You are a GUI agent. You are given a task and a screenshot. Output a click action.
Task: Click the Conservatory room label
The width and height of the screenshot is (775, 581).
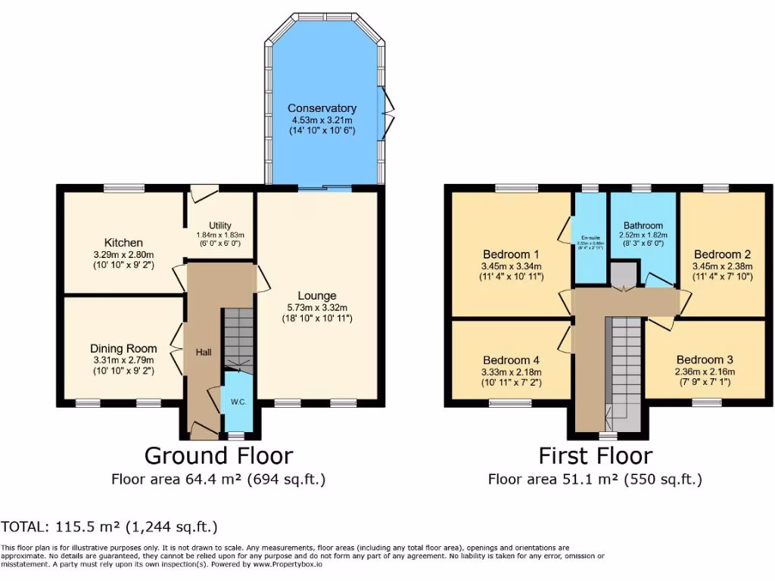pyautogui.click(x=322, y=108)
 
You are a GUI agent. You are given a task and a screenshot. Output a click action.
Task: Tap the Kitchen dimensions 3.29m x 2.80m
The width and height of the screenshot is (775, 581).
pyautogui.click(x=123, y=255)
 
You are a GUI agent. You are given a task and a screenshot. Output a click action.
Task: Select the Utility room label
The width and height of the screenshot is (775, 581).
pyautogui.click(x=220, y=225)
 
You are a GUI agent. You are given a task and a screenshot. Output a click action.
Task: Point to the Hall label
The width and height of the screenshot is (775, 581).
pyautogui.click(x=204, y=352)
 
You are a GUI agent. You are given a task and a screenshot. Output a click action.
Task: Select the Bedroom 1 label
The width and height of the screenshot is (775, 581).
pyautogui.click(x=511, y=254)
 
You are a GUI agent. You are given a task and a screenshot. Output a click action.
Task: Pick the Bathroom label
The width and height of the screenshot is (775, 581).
pyautogui.click(x=643, y=225)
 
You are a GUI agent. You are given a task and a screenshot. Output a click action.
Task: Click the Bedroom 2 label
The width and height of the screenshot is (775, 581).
pyautogui.click(x=722, y=254)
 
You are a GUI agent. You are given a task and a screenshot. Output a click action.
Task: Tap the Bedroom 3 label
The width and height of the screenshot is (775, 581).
pyautogui.click(x=705, y=359)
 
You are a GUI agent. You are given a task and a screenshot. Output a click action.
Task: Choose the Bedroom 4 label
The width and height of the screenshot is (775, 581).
pyautogui.click(x=511, y=359)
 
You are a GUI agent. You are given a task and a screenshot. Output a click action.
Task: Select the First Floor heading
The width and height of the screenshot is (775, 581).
pyautogui.click(x=595, y=455)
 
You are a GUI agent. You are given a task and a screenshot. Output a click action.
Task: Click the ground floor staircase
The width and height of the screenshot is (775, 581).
pyautogui.click(x=238, y=337)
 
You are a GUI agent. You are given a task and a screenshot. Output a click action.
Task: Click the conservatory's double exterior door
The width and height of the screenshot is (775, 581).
pyautogui.click(x=388, y=113)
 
